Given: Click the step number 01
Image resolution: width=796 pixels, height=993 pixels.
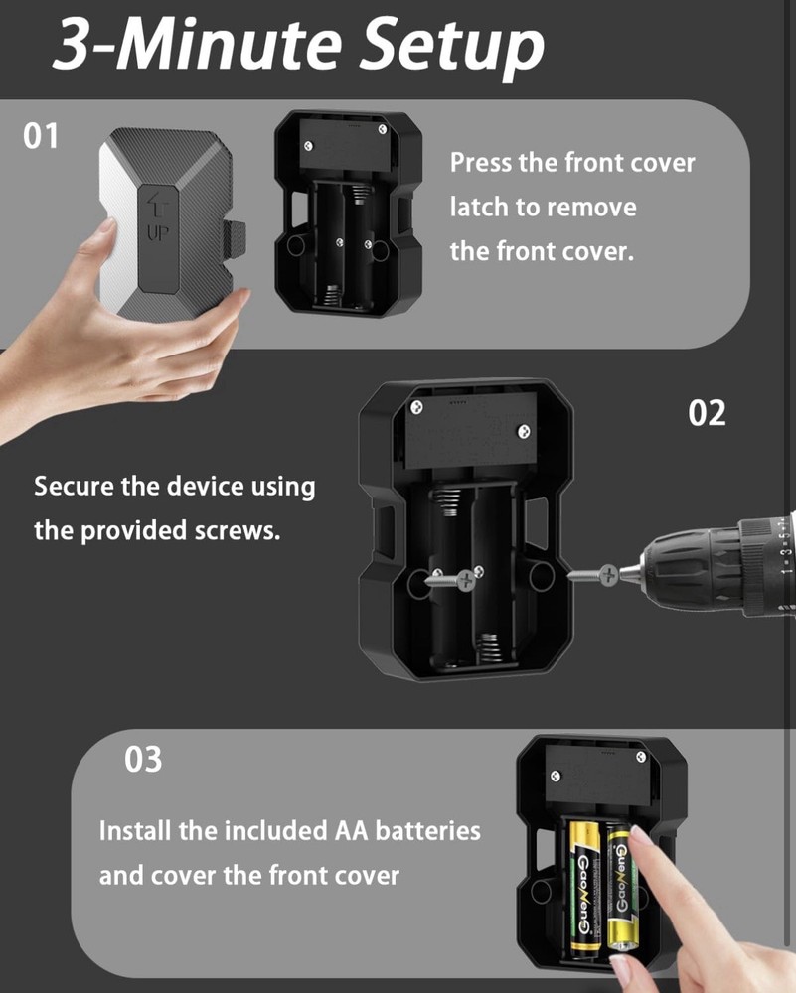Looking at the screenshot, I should coord(41,136).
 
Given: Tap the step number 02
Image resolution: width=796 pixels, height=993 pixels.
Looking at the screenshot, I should coord(708,413).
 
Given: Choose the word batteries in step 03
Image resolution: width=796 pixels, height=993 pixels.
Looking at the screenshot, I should coord(426,830).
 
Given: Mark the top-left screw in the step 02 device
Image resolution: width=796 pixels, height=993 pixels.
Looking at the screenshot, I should coord(418,406).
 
